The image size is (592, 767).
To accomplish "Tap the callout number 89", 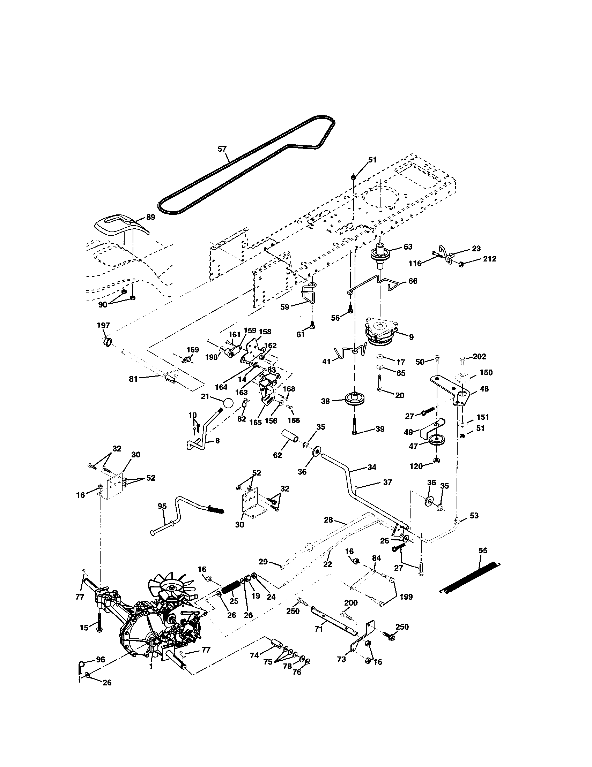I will (x=150, y=217).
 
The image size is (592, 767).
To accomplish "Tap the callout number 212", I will (x=489, y=259).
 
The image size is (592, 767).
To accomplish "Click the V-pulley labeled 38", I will (x=355, y=399).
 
